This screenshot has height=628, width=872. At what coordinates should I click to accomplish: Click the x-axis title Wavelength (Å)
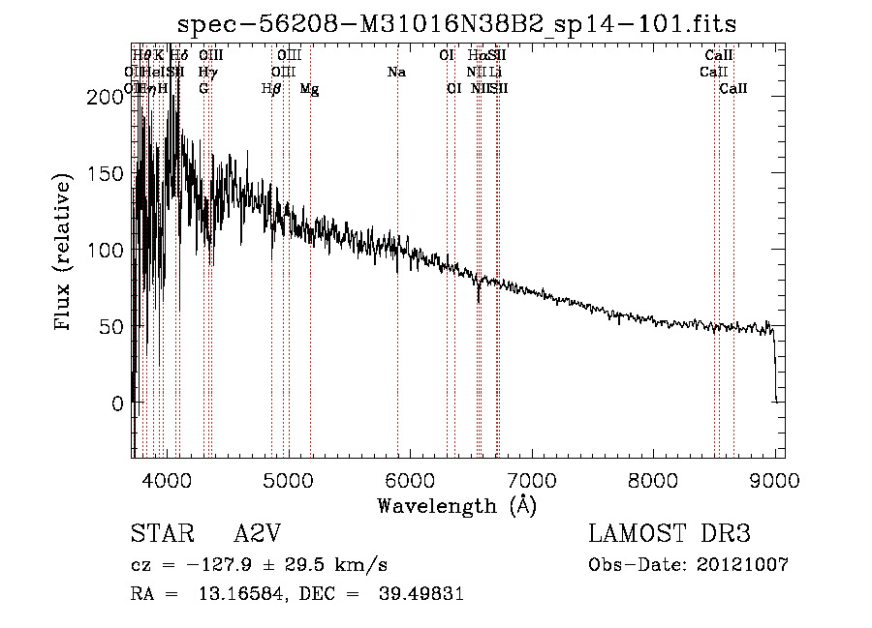(456, 505)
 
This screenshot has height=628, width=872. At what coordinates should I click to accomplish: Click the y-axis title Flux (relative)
(64, 253)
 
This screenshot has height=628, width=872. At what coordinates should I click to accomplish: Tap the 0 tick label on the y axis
(116, 403)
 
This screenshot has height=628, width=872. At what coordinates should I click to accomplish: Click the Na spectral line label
(395, 72)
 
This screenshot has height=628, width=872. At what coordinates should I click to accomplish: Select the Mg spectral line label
(309, 89)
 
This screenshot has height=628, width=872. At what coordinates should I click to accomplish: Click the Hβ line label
(271, 89)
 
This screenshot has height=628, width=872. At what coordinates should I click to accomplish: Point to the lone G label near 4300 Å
(203, 88)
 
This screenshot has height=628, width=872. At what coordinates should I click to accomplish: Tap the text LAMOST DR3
(669, 534)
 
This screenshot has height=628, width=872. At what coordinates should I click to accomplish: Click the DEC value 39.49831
(422, 594)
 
